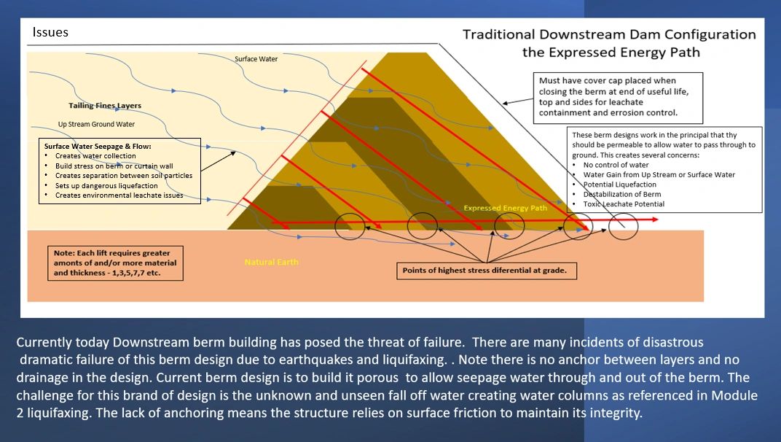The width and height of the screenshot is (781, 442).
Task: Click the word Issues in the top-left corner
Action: click(x=50, y=32)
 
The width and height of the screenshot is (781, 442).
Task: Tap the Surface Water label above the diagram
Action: click(x=256, y=59)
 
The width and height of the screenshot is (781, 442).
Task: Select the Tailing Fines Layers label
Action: click(x=105, y=106)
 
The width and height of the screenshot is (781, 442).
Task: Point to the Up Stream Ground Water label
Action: click(x=96, y=124)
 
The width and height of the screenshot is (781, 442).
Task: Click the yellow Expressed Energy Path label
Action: click(x=505, y=208)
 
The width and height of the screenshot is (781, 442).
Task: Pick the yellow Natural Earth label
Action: click(x=272, y=262)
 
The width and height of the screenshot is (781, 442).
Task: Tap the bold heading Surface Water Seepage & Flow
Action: click(x=98, y=146)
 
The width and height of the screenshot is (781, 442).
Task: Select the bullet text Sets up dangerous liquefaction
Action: click(x=106, y=185)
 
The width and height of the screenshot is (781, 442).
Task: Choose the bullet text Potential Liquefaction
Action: click(x=619, y=185)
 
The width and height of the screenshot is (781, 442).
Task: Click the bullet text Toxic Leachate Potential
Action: click(x=624, y=204)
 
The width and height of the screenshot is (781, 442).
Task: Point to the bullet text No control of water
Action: click(x=616, y=165)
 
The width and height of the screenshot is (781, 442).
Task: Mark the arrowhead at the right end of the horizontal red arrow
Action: click(x=656, y=219)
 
